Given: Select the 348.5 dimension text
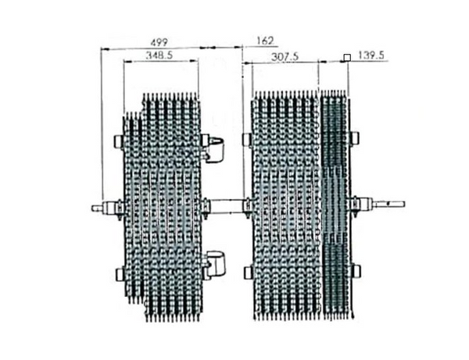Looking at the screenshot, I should click(x=160, y=55).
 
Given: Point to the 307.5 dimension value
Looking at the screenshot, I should click(x=281, y=55).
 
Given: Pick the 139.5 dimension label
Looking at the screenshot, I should click(x=371, y=55).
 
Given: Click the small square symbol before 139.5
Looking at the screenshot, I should click(x=345, y=56).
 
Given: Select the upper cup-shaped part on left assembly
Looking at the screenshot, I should click(x=215, y=146).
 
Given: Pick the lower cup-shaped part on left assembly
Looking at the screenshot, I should click(x=215, y=262).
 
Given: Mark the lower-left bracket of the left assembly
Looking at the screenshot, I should click(x=119, y=273).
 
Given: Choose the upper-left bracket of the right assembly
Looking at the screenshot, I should click(x=246, y=140).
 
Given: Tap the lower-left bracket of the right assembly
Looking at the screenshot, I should click(x=246, y=273).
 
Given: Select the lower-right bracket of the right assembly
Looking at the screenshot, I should click(x=356, y=271).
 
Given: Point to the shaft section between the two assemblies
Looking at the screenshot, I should click(x=226, y=206).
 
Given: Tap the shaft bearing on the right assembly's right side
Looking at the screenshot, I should click(x=360, y=205).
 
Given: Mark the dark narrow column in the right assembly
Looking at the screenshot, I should click(x=335, y=203).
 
